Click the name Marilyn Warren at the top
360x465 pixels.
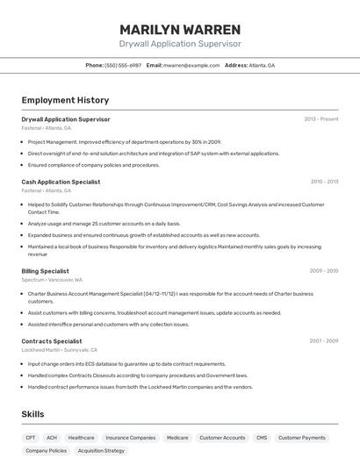coord(180,29)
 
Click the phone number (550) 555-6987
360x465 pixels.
coord(123,66)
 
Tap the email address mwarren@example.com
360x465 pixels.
coord(191,66)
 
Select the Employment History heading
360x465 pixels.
coord(65,101)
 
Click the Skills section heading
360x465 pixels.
coord(32,414)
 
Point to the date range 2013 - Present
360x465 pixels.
coord(321,118)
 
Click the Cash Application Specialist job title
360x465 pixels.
coord(61,182)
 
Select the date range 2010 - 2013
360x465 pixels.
coord(324,182)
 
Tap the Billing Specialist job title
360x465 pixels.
coord(45,271)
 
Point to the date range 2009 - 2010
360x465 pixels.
coord(324,271)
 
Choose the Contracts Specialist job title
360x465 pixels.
coord(52,341)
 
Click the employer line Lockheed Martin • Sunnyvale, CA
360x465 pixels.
coord(66,350)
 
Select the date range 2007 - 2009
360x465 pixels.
coord(324,341)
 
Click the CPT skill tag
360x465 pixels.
coord(31,437)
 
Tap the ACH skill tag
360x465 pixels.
coord(52,437)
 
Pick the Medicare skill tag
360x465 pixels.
coord(177,437)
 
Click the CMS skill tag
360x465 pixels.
coord(262,437)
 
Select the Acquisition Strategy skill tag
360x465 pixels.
coord(102,451)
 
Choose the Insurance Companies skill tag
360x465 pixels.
coord(131,437)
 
